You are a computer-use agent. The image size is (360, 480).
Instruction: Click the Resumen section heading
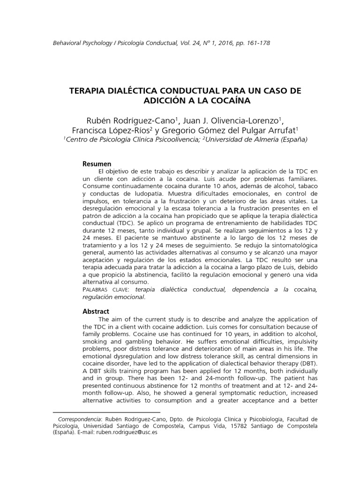click(97, 164)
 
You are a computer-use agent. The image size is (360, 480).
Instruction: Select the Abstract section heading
click(96, 311)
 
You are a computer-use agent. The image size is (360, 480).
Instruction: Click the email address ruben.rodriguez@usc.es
click(127, 433)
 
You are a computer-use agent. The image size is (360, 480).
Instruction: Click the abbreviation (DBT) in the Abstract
click(309, 364)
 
